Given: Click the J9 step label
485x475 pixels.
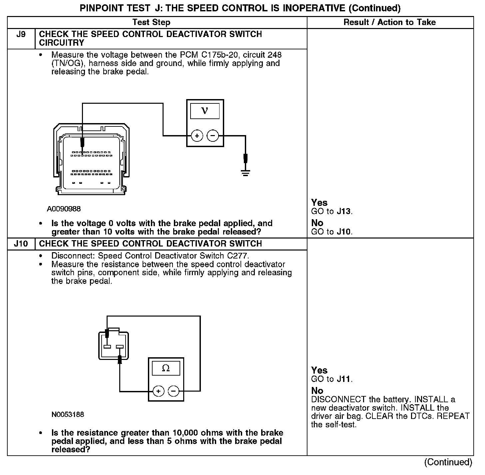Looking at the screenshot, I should click(x=21, y=34).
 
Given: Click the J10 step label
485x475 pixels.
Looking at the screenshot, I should click(x=21, y=244).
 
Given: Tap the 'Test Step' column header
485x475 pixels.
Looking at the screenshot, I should click(x=151, y=22).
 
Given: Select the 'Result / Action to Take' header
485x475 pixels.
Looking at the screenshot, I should click(x=390, y=22).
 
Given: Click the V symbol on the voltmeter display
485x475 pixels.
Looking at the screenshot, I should click(x=205, y=111).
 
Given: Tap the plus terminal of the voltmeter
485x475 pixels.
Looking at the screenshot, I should click(x=197, y=136).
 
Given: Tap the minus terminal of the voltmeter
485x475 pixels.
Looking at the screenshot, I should click(x=213, y=136).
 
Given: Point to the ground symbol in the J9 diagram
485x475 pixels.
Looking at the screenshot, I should click(x=245, y=172).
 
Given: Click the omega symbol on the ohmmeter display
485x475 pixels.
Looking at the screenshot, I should click(x=166, y=368).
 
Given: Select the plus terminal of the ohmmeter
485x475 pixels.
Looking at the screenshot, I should click(x=159, y=391).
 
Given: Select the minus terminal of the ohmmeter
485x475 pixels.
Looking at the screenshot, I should click(x=173, y=391).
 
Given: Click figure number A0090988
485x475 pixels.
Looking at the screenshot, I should click(x=64, y=209).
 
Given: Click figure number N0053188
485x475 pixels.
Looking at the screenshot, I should click(x=68, y=415).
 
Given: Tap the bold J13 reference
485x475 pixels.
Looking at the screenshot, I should click(x=344, y=211).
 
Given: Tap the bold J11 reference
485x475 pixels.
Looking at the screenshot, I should click(x=344, y=379).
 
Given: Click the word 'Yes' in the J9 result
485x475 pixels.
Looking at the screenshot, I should click(x=319, y=202).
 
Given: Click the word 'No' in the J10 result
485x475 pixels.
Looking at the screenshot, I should click(x=317, y=390).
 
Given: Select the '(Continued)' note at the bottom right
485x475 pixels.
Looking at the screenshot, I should click(x=448, y=462).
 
